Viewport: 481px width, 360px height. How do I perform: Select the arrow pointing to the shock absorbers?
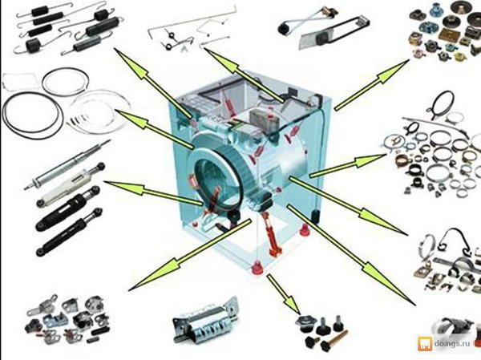(x=154, y=192)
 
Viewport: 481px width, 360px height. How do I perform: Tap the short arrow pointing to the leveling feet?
(x=283, y=293)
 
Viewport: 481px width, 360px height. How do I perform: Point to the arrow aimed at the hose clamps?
(x=348, y=166)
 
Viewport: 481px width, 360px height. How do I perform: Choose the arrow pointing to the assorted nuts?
(x=372, y=85)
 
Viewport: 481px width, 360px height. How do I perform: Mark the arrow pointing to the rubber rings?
(x=154, y=129)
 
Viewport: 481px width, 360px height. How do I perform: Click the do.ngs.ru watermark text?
(x=452, y=344)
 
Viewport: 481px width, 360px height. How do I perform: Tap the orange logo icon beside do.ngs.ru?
(x=425, y=344)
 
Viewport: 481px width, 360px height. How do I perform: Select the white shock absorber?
(x=71, y=184)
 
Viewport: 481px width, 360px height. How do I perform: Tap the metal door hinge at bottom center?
(x=205, y=321)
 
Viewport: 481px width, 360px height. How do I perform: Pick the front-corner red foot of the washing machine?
(x=257, y=267)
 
